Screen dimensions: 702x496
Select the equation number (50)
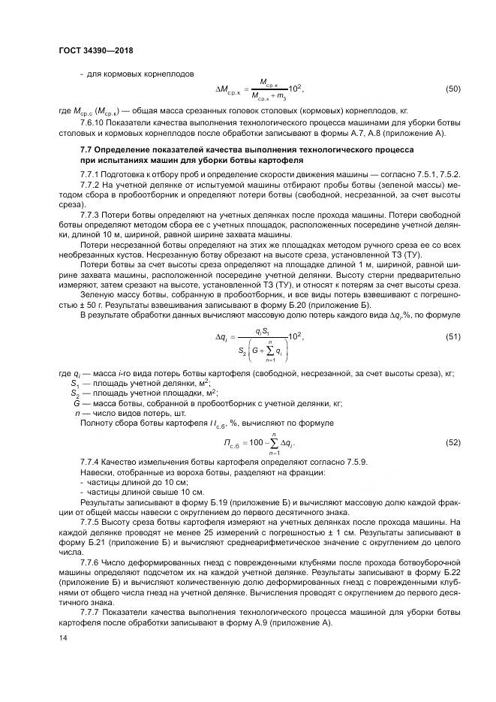tap(452, 89)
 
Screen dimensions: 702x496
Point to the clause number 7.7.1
tap(90, 173)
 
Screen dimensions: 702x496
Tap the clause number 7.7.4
tap(90, 460)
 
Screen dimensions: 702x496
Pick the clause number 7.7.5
tap(90, 521)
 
